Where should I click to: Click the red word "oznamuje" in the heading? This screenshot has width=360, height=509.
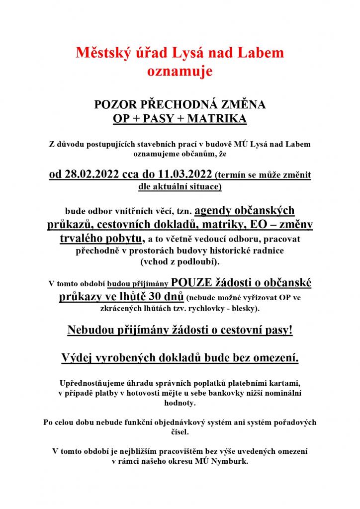coord(180,71)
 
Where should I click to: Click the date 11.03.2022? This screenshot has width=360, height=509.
coord(183,175)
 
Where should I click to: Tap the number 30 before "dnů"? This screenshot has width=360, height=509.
coord(158,297)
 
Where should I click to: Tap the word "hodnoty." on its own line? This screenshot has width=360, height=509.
coord(180,403)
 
